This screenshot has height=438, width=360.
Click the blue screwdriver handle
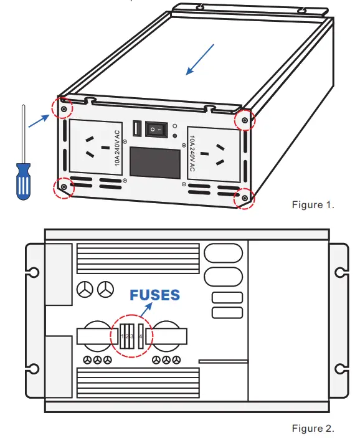(22, 181)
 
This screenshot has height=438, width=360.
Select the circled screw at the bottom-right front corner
(244, 198)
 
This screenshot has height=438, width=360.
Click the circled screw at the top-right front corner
(245, 119)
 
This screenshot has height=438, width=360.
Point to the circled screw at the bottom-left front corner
(63, 185)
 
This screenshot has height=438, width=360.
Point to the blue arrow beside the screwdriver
(39, 120)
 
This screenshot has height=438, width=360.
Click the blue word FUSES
(154, 295)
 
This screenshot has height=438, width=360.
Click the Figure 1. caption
(313, 205)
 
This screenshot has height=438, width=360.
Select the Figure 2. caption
(313, 428)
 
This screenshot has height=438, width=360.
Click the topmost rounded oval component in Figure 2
(223, 252)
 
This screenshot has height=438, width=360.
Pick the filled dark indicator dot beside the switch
(175, 135)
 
